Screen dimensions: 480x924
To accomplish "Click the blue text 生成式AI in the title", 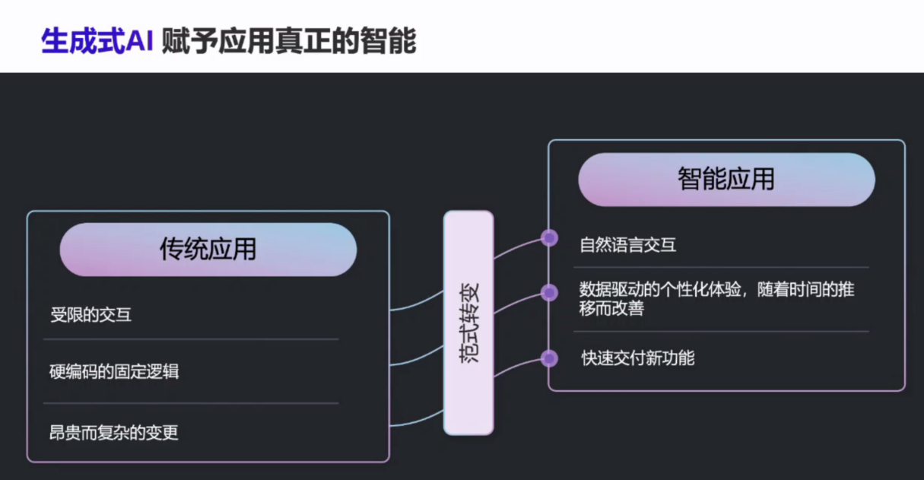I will pyautogui.click(x=97, y=41).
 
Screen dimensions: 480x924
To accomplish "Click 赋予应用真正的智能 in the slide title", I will pyautogui.click(x=289, y=41).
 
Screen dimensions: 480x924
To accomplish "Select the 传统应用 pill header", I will pyautogui.click(x=208, y=250).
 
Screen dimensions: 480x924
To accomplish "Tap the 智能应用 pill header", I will pyautogui.click(x=726, y=180).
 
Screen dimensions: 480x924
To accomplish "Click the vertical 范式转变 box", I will pyautogui.click(x=469, y=323).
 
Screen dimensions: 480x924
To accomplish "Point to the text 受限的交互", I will pyautogui.click(x=91, y=314).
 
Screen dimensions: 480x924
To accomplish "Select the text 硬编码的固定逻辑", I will pyautogui.click(x=114, y=372).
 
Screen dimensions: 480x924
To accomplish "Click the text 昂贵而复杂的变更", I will pyautogui.click(x=114, y=433).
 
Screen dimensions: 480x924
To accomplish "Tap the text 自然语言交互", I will pyautogui.click(x=627, y=245).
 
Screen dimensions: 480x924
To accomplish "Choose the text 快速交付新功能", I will pyautogui.click(x=637, y=358).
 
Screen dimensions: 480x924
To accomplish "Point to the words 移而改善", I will pyautogui.click(x=611, y=309).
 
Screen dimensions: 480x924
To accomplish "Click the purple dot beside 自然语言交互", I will pyautogui.click(x=549, y=238).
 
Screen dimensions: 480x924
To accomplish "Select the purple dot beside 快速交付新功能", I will pyautogui.click(x=549, y=358).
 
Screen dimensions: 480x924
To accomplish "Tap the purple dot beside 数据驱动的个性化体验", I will pyautogui.click(x=549, y=292).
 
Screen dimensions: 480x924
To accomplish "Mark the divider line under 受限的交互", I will pyautogui.click(x=190, y=339).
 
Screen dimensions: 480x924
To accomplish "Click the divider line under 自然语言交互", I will pyautogui.click(x=721, y=267).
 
